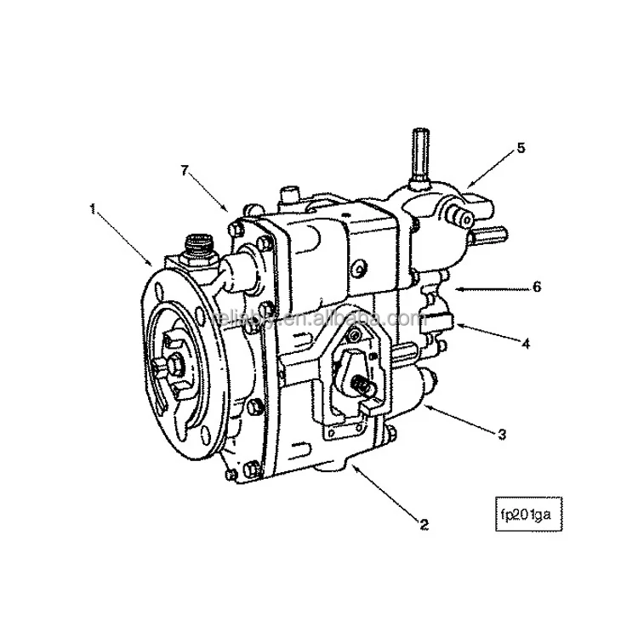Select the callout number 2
pyautogui.click(x=422, y=524)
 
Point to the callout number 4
pyautogui.click(x=527, y=345)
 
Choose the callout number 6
pyautogui.click(x=537, y=287)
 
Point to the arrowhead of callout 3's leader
pyautogui.click(x=426, y=406)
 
